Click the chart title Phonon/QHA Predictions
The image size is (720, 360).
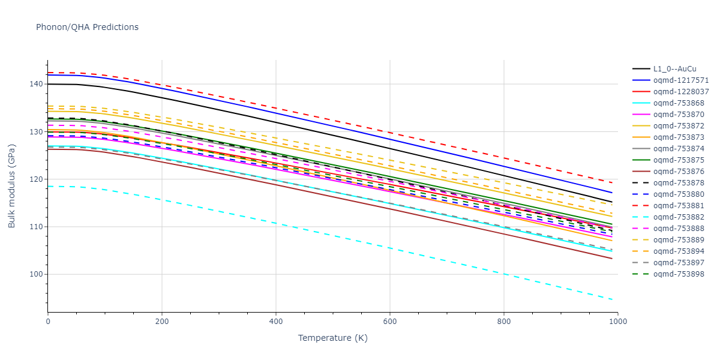click(87, 27)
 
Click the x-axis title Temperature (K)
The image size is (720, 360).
click(332, 338)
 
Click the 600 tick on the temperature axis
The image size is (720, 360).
click(389, 322)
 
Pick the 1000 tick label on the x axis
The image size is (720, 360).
click(617, 322)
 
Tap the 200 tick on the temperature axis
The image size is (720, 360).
click(161, 322)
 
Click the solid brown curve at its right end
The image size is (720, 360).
click(611, 258)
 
